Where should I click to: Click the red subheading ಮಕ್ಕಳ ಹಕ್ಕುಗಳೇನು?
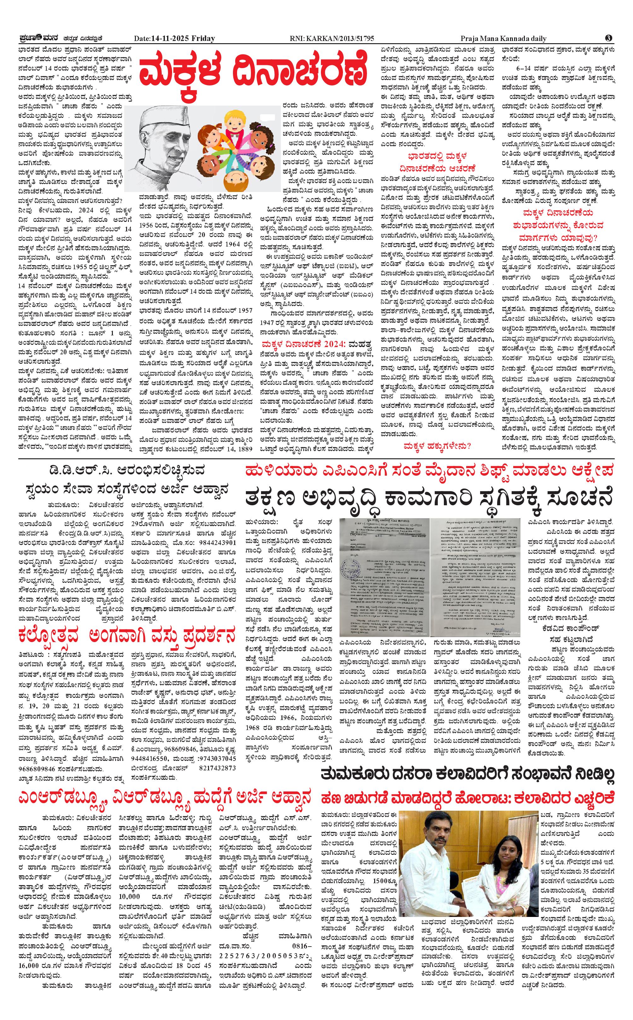(x=437, y=447)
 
